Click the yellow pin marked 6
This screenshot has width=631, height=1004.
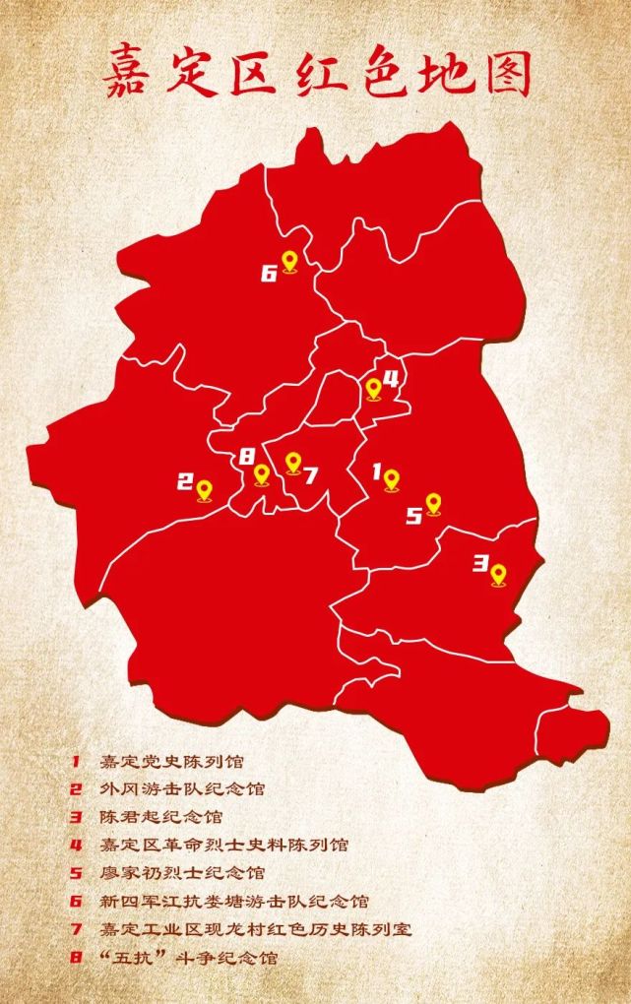click(289, 262)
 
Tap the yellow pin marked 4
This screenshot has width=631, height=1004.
click(373, 389)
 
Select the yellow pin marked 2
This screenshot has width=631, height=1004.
click(205, 490)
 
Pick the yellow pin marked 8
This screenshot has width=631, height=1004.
click(261, 474)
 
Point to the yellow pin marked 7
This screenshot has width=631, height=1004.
click(292, 463)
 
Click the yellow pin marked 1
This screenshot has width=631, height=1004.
click(391, 480)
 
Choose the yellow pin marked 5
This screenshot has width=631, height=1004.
click(433, 505)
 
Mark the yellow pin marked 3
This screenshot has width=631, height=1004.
click(498, 574)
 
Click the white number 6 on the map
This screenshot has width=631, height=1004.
click(269, 273)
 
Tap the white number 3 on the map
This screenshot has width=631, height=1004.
click(480, 564)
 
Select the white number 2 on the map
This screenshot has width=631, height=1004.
click(184, 482)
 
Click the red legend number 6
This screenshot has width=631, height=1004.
click(74, 901)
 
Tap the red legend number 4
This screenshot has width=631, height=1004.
click(74, 845)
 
